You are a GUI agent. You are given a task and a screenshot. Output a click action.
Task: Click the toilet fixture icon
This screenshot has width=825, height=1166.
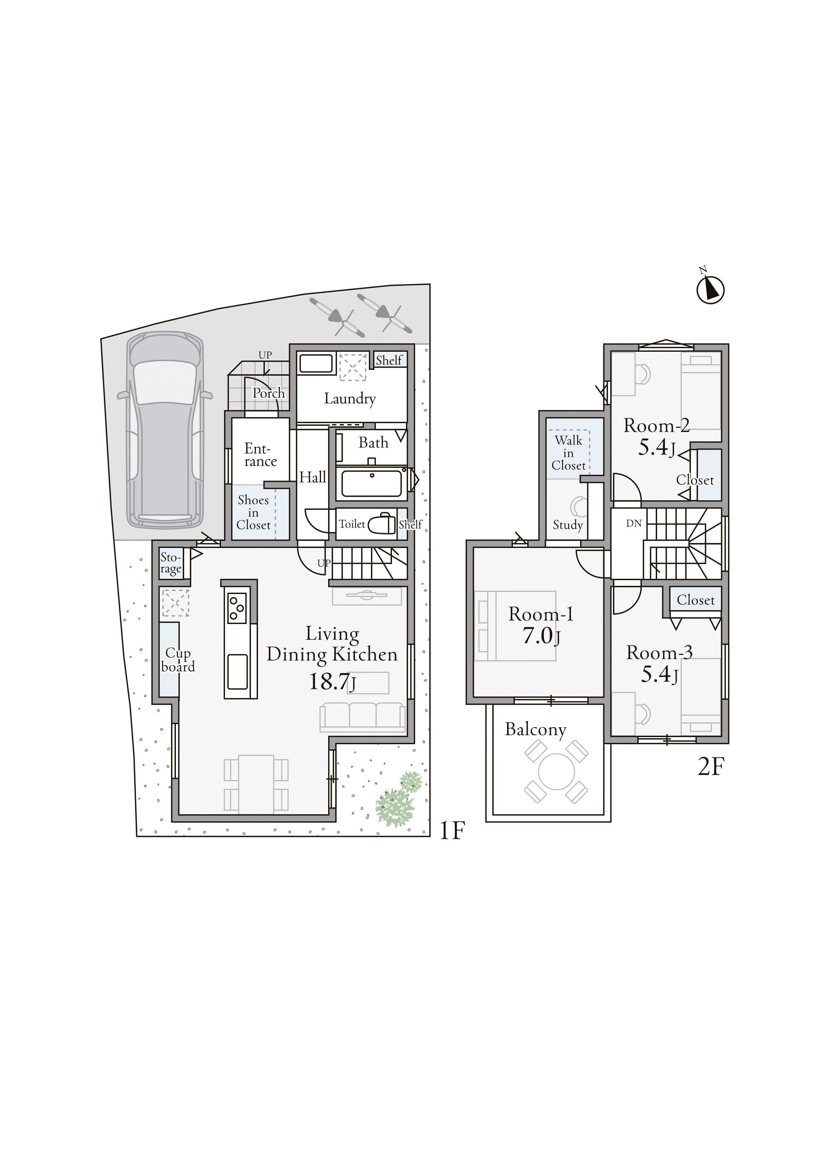381,523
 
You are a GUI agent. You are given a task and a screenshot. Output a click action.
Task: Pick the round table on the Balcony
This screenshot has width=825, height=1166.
556,772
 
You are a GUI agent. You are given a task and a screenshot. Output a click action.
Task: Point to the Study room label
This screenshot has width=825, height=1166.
568,525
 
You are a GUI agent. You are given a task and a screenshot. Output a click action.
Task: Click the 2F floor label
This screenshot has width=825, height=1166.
710,767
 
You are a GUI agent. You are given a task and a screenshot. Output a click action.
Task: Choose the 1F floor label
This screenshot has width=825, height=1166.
451,830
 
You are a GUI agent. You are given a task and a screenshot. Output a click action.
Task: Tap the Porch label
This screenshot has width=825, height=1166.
269,393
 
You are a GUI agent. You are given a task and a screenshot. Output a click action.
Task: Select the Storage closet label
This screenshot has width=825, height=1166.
171,563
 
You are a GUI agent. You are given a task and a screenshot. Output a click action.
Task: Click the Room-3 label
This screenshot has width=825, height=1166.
659,652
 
